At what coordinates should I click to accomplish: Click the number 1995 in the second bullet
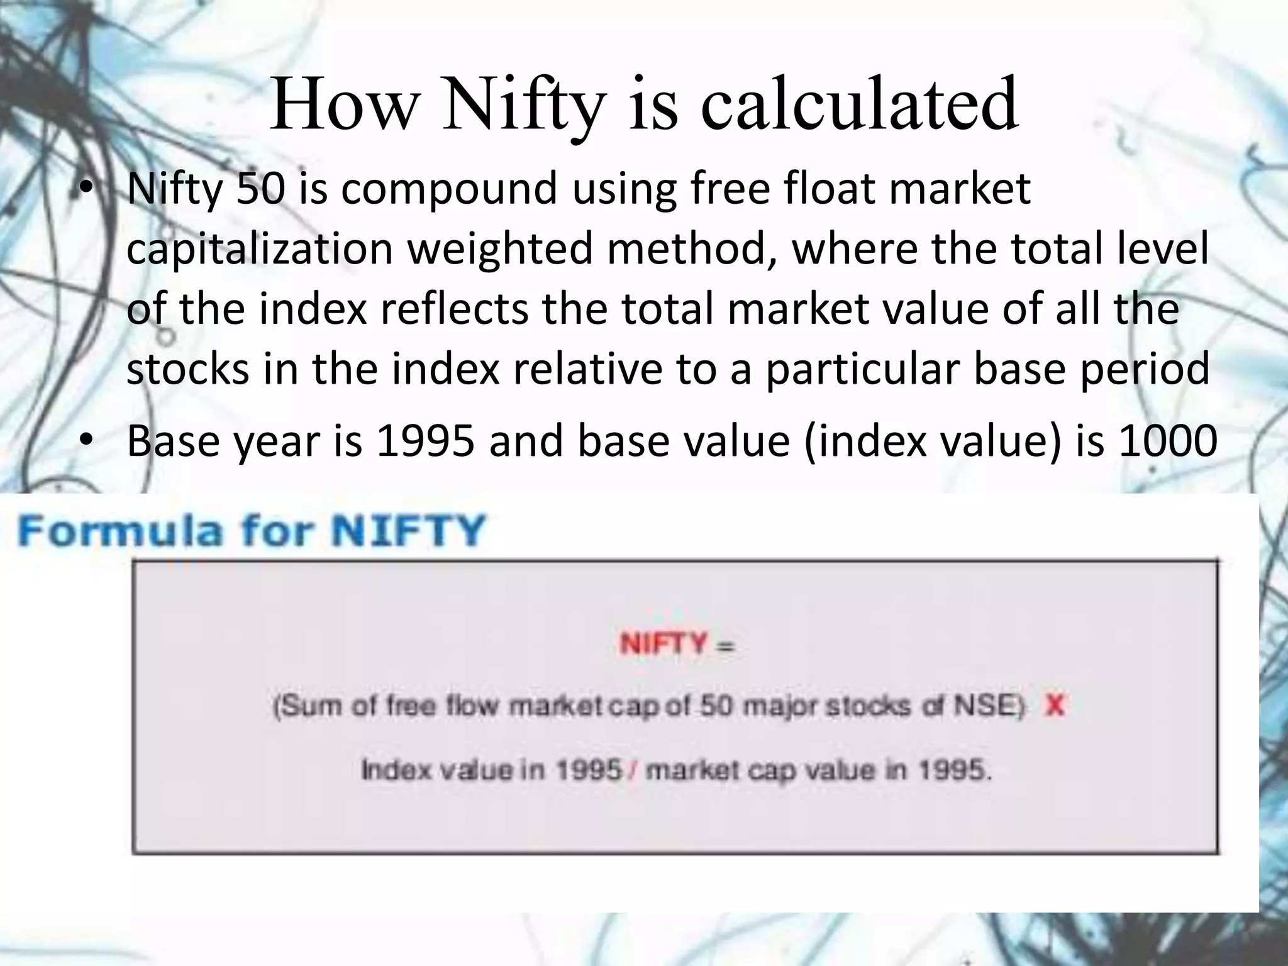[425, 441]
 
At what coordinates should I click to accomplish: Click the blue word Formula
[120, 530]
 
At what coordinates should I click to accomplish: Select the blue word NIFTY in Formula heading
[408, 530]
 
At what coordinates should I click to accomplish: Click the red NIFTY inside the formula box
[663, 644]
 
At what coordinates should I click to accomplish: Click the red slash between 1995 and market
[633, 770]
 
